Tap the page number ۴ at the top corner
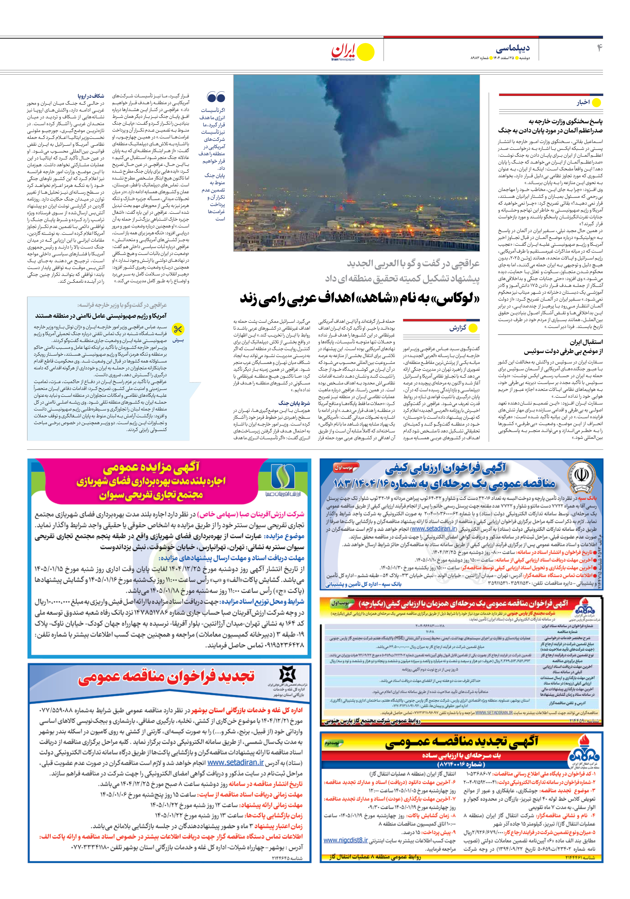(x=599, y=48)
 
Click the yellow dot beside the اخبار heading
(x=596, y=102)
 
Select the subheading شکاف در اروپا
(x=91, y=96)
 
